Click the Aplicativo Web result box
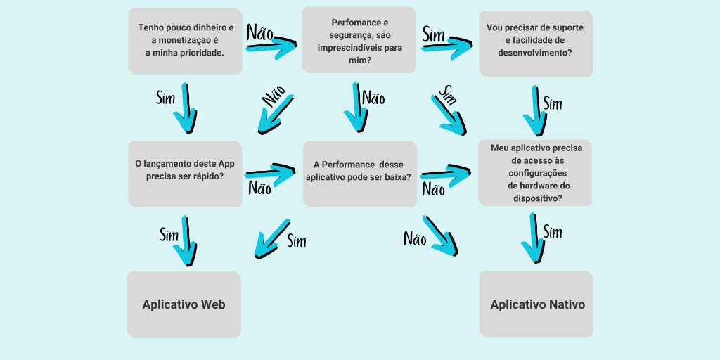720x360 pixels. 184,304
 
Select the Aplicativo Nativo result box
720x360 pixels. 536,304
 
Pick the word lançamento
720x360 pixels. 170,163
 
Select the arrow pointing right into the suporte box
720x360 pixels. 447,47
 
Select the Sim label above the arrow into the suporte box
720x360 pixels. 435,33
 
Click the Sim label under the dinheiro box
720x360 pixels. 165,98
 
